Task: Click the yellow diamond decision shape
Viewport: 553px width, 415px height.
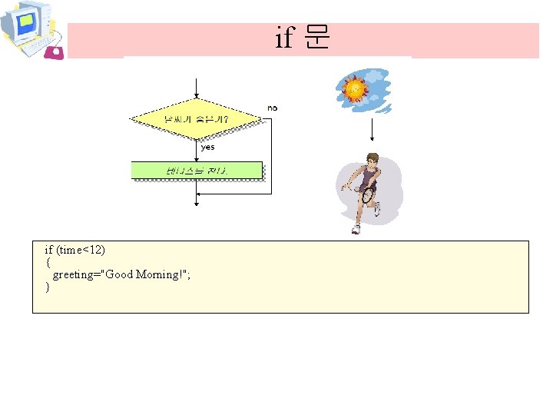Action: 196,119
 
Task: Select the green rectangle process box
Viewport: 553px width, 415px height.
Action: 197,171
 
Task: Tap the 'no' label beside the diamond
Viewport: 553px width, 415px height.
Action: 272,108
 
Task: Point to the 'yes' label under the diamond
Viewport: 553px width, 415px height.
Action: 207,147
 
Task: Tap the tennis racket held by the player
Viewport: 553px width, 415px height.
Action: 368,194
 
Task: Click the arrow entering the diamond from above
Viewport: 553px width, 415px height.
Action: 197,88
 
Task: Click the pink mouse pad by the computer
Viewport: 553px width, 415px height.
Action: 54,51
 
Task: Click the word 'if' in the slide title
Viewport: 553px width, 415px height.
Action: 284,38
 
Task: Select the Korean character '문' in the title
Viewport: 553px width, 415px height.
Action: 316,38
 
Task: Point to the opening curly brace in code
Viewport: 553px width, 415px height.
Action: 48,262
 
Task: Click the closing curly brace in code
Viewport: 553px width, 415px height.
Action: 48,287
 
